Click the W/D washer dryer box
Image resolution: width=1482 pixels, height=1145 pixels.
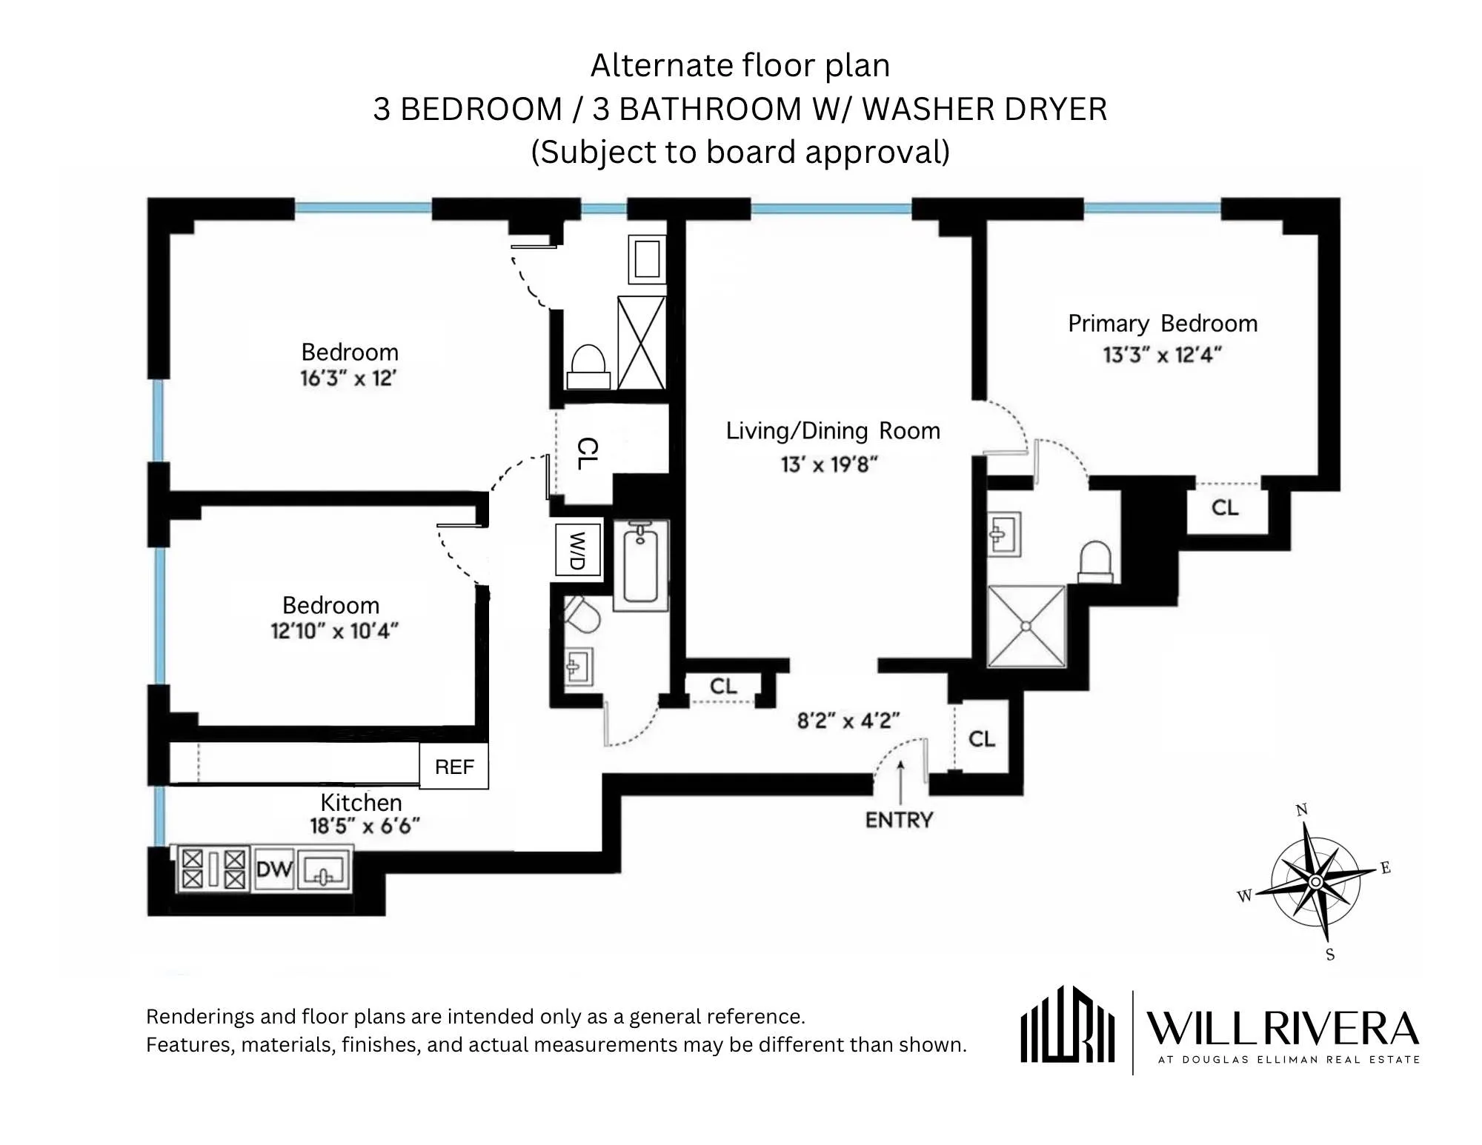tap(577, 550)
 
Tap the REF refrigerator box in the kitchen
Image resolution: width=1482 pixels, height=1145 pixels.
tap(453, 767)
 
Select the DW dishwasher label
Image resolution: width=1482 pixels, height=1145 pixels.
tap(273, 869)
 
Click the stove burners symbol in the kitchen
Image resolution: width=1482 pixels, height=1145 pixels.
tap(213, 869)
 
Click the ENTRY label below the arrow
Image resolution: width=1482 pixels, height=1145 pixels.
tap(899, 820)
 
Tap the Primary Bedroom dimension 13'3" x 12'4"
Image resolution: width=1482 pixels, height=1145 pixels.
tap(1161, 355)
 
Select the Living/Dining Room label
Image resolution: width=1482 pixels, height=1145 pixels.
tap(833, 430)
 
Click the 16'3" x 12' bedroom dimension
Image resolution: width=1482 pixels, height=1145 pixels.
tap(348, 378)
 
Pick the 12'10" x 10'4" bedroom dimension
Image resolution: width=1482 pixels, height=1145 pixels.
tap(334, 631)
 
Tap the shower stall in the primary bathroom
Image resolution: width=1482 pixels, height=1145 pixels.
tap(1026, 627)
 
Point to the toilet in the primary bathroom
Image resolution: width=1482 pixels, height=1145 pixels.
tap(1095, 562)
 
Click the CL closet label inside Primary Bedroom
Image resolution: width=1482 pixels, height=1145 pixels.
tap(1224, 507)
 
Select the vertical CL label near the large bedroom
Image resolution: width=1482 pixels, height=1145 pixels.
tap(587, 453)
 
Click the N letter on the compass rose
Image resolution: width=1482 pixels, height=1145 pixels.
tap(1301, 809)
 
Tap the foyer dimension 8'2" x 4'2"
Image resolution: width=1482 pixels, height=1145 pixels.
tap(848, 720)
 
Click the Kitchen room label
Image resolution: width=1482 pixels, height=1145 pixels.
tap(361, 802)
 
